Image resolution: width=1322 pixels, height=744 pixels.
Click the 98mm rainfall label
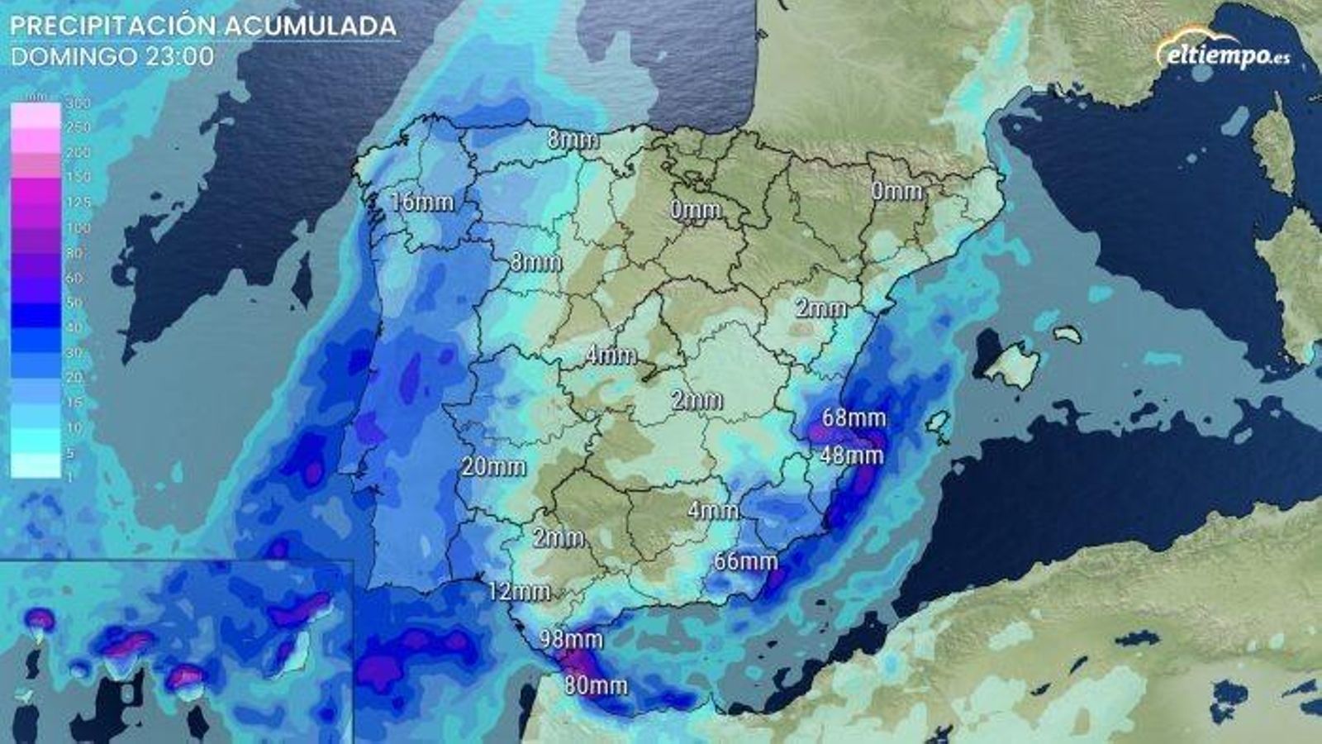point(572,639)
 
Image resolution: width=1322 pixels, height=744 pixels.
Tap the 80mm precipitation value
point(596,685)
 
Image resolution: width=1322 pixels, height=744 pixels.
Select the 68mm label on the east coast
point(854,417)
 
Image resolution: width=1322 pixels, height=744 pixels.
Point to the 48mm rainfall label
point(852,455)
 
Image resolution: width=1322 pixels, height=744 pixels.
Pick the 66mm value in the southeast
point(745,561)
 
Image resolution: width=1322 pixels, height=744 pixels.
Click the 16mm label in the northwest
point(422,202)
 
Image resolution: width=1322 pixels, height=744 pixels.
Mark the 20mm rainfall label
point(493,466)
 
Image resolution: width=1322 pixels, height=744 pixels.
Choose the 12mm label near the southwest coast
point(519,591)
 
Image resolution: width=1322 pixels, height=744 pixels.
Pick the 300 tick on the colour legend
point(78,104)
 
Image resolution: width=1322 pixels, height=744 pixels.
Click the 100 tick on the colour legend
point(78,227)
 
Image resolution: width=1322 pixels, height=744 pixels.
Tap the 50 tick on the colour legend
point(75,303)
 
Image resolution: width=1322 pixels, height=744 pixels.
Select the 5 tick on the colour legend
point(71,452)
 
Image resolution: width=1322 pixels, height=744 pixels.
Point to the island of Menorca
point(1068,334)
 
